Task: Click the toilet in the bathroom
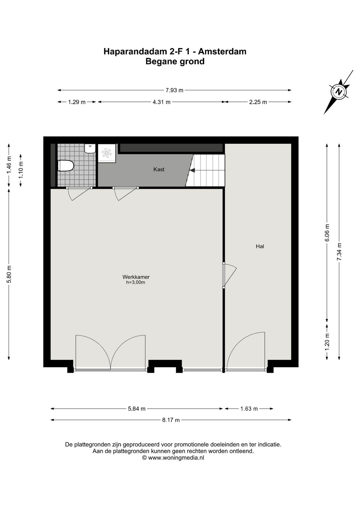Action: [x=65, y=165]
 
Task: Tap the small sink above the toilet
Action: [x=90, y=148]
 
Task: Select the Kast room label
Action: [x=159, y=169]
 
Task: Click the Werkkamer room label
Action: [x=136, y=277]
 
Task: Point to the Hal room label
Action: [x=260, y=246]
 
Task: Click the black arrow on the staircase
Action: [x=192, y=170]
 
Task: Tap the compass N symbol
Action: [x=339, y=92]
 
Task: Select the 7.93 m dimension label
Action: [x=175, y=90]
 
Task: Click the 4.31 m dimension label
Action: [x=161, y=102]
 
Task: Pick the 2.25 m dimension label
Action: [x=258, y=102]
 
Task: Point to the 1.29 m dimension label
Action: [x=77, y=102]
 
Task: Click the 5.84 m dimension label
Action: [x=137, y=409]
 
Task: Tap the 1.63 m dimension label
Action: [x=249, y=409]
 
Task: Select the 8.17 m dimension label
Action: [x=171, y=420]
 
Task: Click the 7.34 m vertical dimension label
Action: [x=339, y=251]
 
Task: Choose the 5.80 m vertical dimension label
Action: [x=9, y=274]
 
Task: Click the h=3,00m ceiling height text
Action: [x=136, y=283]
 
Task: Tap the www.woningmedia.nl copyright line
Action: [x=173, y=458]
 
